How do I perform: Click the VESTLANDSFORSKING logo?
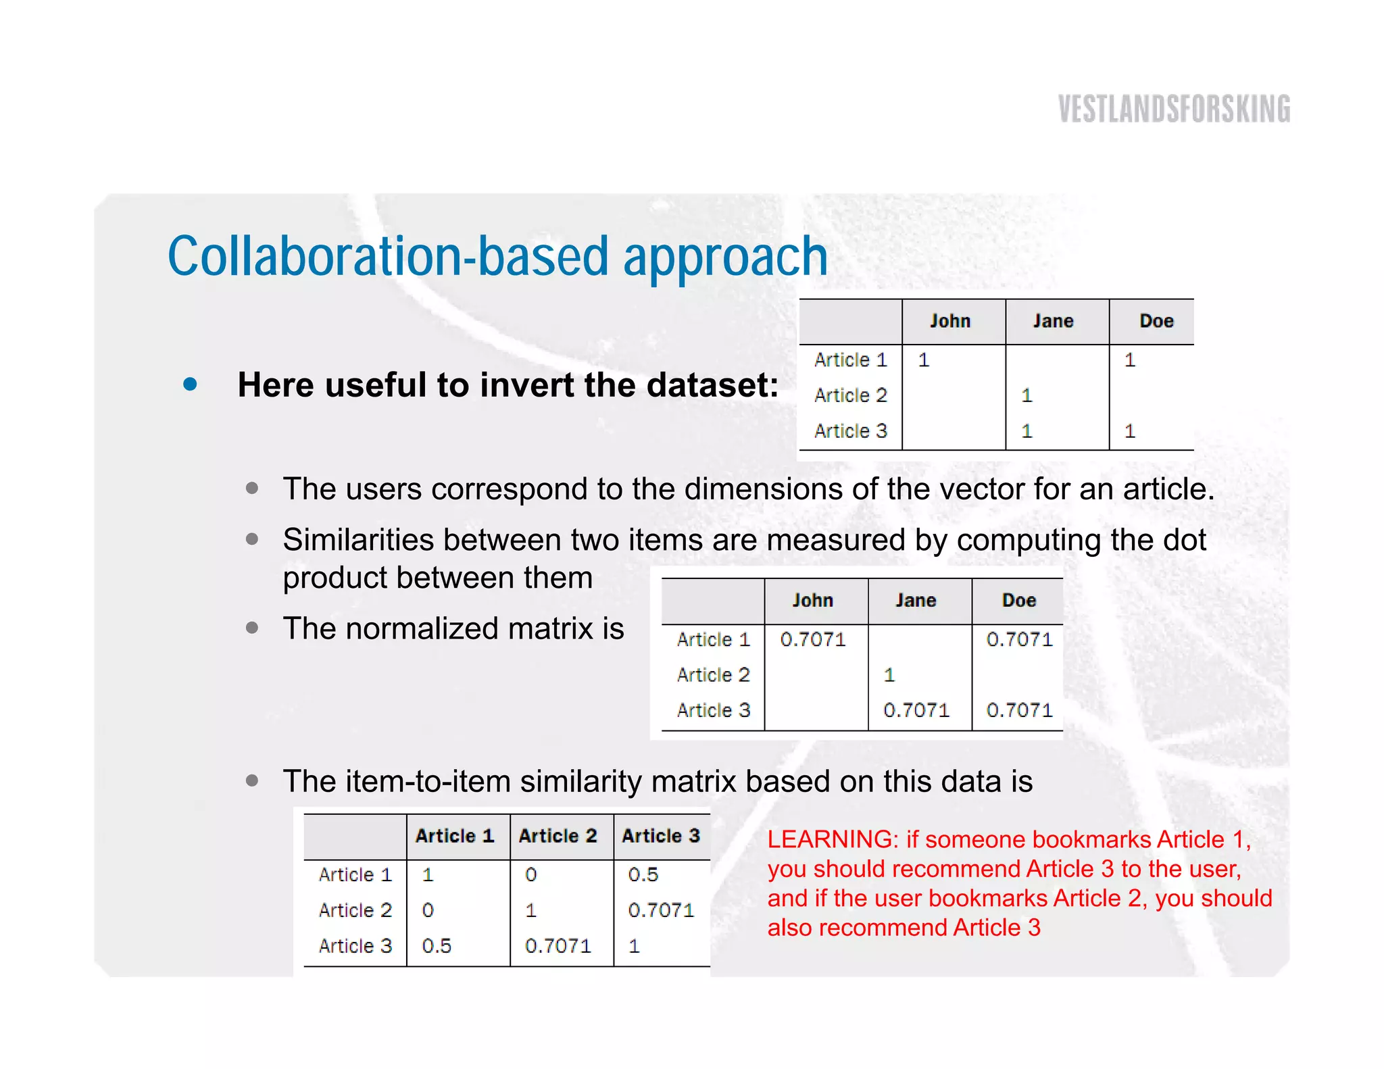[1174, 109]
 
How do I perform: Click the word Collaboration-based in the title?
[389, 257]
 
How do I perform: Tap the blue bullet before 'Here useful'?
[191, 384]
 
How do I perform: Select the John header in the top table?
[949, 321]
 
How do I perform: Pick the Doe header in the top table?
[1156, 321]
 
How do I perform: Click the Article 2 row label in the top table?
[850, 395]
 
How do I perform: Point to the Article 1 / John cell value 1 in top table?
[924, 360]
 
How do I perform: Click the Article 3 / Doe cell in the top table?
[1130, 431]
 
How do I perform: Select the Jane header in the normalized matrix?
[916, 600]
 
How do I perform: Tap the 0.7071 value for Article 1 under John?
[813, 639]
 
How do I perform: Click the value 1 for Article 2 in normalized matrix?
[889, 675]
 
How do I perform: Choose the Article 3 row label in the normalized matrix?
[713, 710]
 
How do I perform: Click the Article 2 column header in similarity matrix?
[558, 836]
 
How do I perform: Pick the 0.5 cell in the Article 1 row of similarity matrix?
[643, 874]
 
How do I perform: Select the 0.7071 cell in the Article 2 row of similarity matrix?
[660, 910]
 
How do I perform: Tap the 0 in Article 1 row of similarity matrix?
[531, 874]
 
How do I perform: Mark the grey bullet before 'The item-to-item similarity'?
[252, 781]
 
